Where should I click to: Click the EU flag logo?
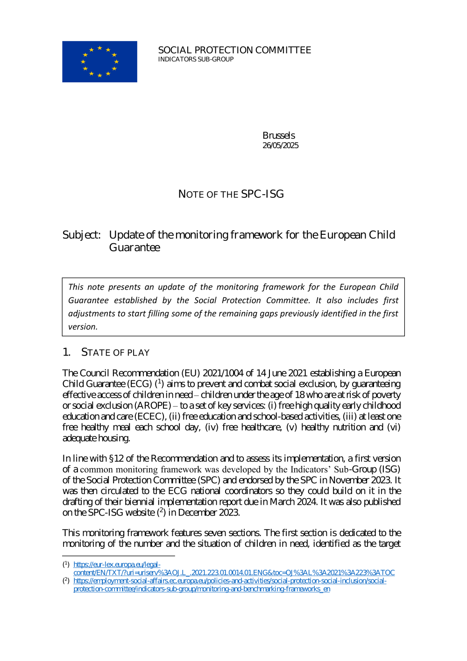[99, 62]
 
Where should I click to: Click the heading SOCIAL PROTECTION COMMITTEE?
[234, 50]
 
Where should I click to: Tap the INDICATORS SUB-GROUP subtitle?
[196, 59]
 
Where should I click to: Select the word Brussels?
[278, 135]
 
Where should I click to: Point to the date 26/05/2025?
[280, 145]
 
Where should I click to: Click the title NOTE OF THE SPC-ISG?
[231, 194]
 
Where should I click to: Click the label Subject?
[82, 235]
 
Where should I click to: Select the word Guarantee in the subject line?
[134, 247]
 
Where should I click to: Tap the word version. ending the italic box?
[83, 327]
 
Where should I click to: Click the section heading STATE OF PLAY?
[115, 352]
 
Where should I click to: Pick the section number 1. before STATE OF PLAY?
[66, 352]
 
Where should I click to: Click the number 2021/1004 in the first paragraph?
[223, 373]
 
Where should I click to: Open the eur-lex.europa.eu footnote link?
[233, 572]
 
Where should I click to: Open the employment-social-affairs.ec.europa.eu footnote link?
[230, 581]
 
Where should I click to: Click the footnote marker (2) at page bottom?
[66, 581]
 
